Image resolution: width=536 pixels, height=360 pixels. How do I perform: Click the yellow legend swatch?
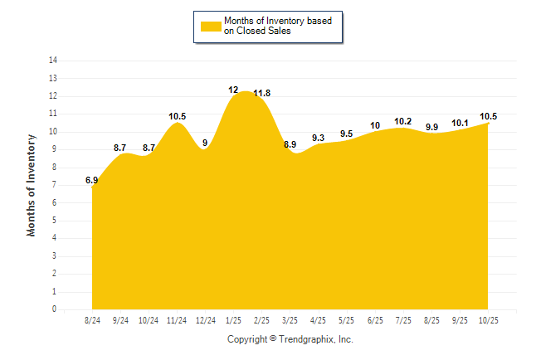point(211,26)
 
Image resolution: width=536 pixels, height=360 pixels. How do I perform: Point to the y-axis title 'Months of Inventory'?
point(32,185)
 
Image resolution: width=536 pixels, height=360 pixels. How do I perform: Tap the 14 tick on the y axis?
point(53,61)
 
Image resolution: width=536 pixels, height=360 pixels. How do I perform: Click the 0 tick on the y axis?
point(55,309)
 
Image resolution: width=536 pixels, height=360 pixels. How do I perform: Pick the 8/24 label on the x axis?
point(92,319)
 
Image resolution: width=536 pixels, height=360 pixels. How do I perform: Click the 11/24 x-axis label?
point(177,319)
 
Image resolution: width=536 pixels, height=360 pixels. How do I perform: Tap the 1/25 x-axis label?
point(233,319)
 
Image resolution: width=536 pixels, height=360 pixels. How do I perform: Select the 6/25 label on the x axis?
point(375,319)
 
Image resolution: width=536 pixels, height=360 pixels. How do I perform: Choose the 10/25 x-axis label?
point(488,319)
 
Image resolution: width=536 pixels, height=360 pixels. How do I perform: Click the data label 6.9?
point(92,179)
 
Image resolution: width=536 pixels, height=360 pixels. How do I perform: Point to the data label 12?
point(233,90)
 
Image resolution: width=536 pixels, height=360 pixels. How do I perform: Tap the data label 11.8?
point(261,93)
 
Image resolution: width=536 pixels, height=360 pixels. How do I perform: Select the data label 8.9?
point(290,144)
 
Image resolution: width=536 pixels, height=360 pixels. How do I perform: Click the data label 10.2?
point(403,121)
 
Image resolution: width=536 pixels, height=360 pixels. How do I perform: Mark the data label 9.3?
point(318,138)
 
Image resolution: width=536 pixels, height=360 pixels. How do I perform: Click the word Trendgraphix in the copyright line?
point(307,339)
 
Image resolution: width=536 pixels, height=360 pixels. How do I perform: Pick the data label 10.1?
point(460,123)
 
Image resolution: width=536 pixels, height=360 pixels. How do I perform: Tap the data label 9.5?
point(347,134)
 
